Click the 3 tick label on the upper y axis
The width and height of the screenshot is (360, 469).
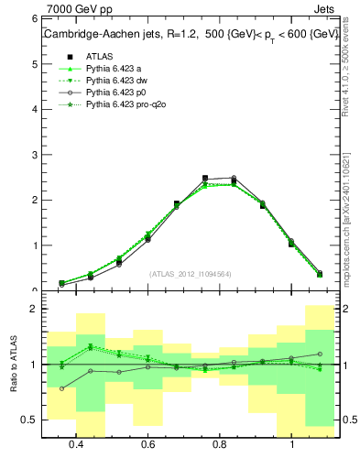tap(34, 155)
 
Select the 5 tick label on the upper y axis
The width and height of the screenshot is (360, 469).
tap(34, 64)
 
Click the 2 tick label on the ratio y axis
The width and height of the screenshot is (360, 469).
tap(34, 310)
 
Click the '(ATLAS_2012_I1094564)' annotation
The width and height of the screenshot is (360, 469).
tap(190, 274)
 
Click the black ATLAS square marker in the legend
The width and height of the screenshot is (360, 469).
tap(63, 57)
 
